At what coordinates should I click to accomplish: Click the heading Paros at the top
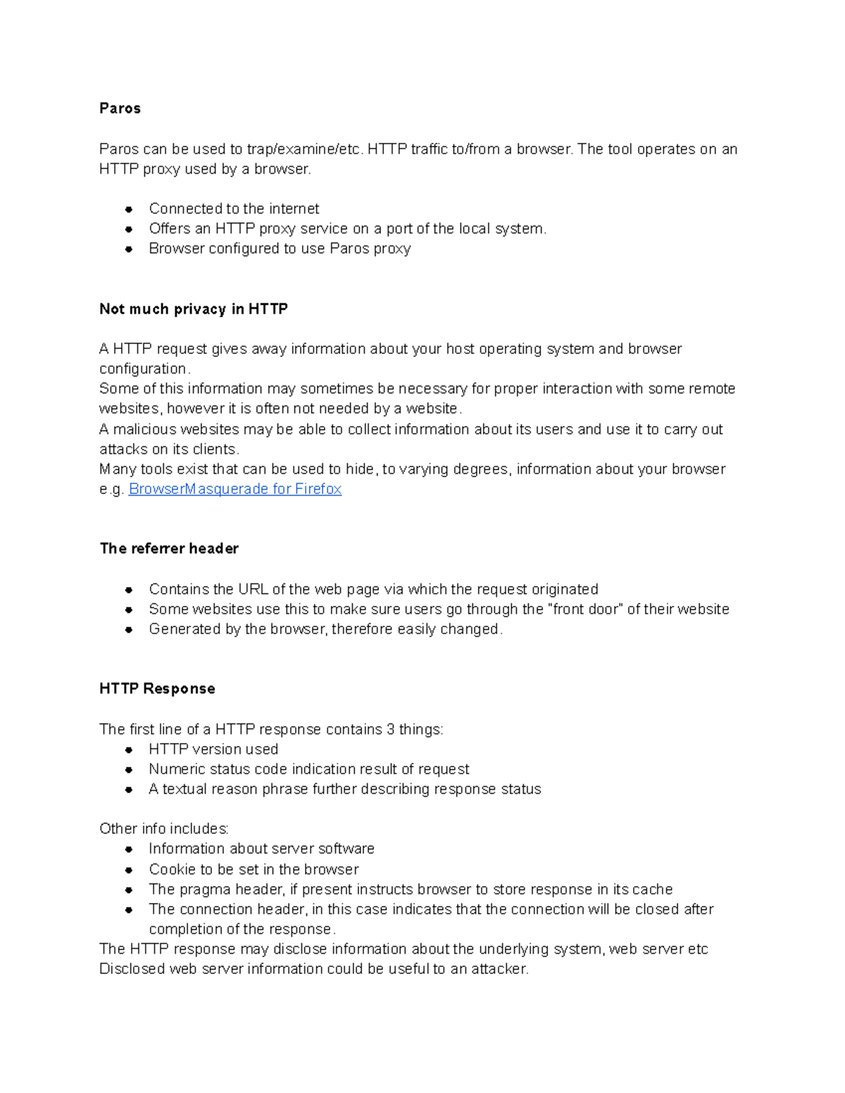(120, 108)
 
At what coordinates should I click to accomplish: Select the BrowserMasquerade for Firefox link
(234, 489)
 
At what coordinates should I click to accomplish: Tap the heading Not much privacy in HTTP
(194, 309)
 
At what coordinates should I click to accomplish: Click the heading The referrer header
(169, 548)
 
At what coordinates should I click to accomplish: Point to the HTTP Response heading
(157, 688)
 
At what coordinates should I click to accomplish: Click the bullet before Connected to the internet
(129, 209)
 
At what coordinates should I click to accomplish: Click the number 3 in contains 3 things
(390, 729)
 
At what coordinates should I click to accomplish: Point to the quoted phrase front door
(585, 609)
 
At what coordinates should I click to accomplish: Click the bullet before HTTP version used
(129, 750)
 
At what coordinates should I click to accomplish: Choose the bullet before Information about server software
(129, 849)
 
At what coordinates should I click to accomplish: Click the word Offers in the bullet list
(170, 229)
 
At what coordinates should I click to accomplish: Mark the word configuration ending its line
(144, 369)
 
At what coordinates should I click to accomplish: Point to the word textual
(184, 789)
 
